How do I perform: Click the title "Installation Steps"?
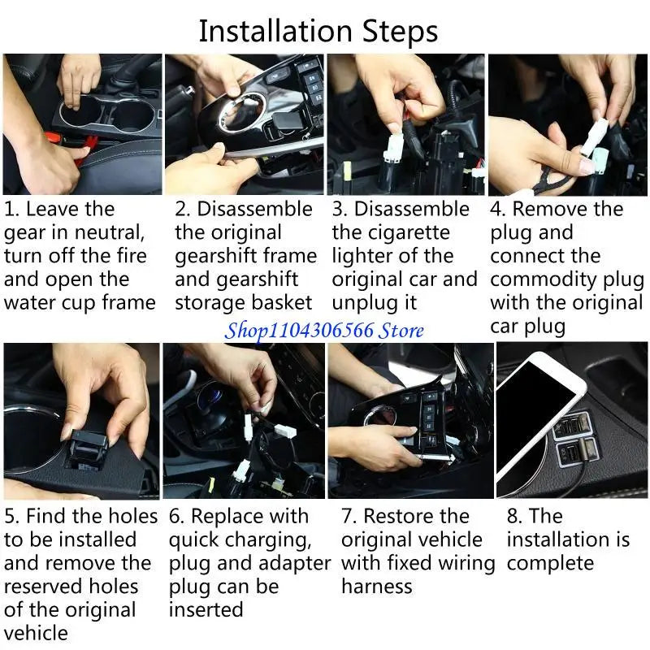[318, 32]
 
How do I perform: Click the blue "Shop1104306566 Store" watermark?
[324, 331]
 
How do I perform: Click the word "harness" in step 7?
[377, 587]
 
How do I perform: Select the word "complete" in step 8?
[550, 564]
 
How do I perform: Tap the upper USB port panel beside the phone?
[572, 427]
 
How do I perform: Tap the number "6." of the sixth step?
[176, 517]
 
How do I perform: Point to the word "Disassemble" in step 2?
[254, 209]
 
